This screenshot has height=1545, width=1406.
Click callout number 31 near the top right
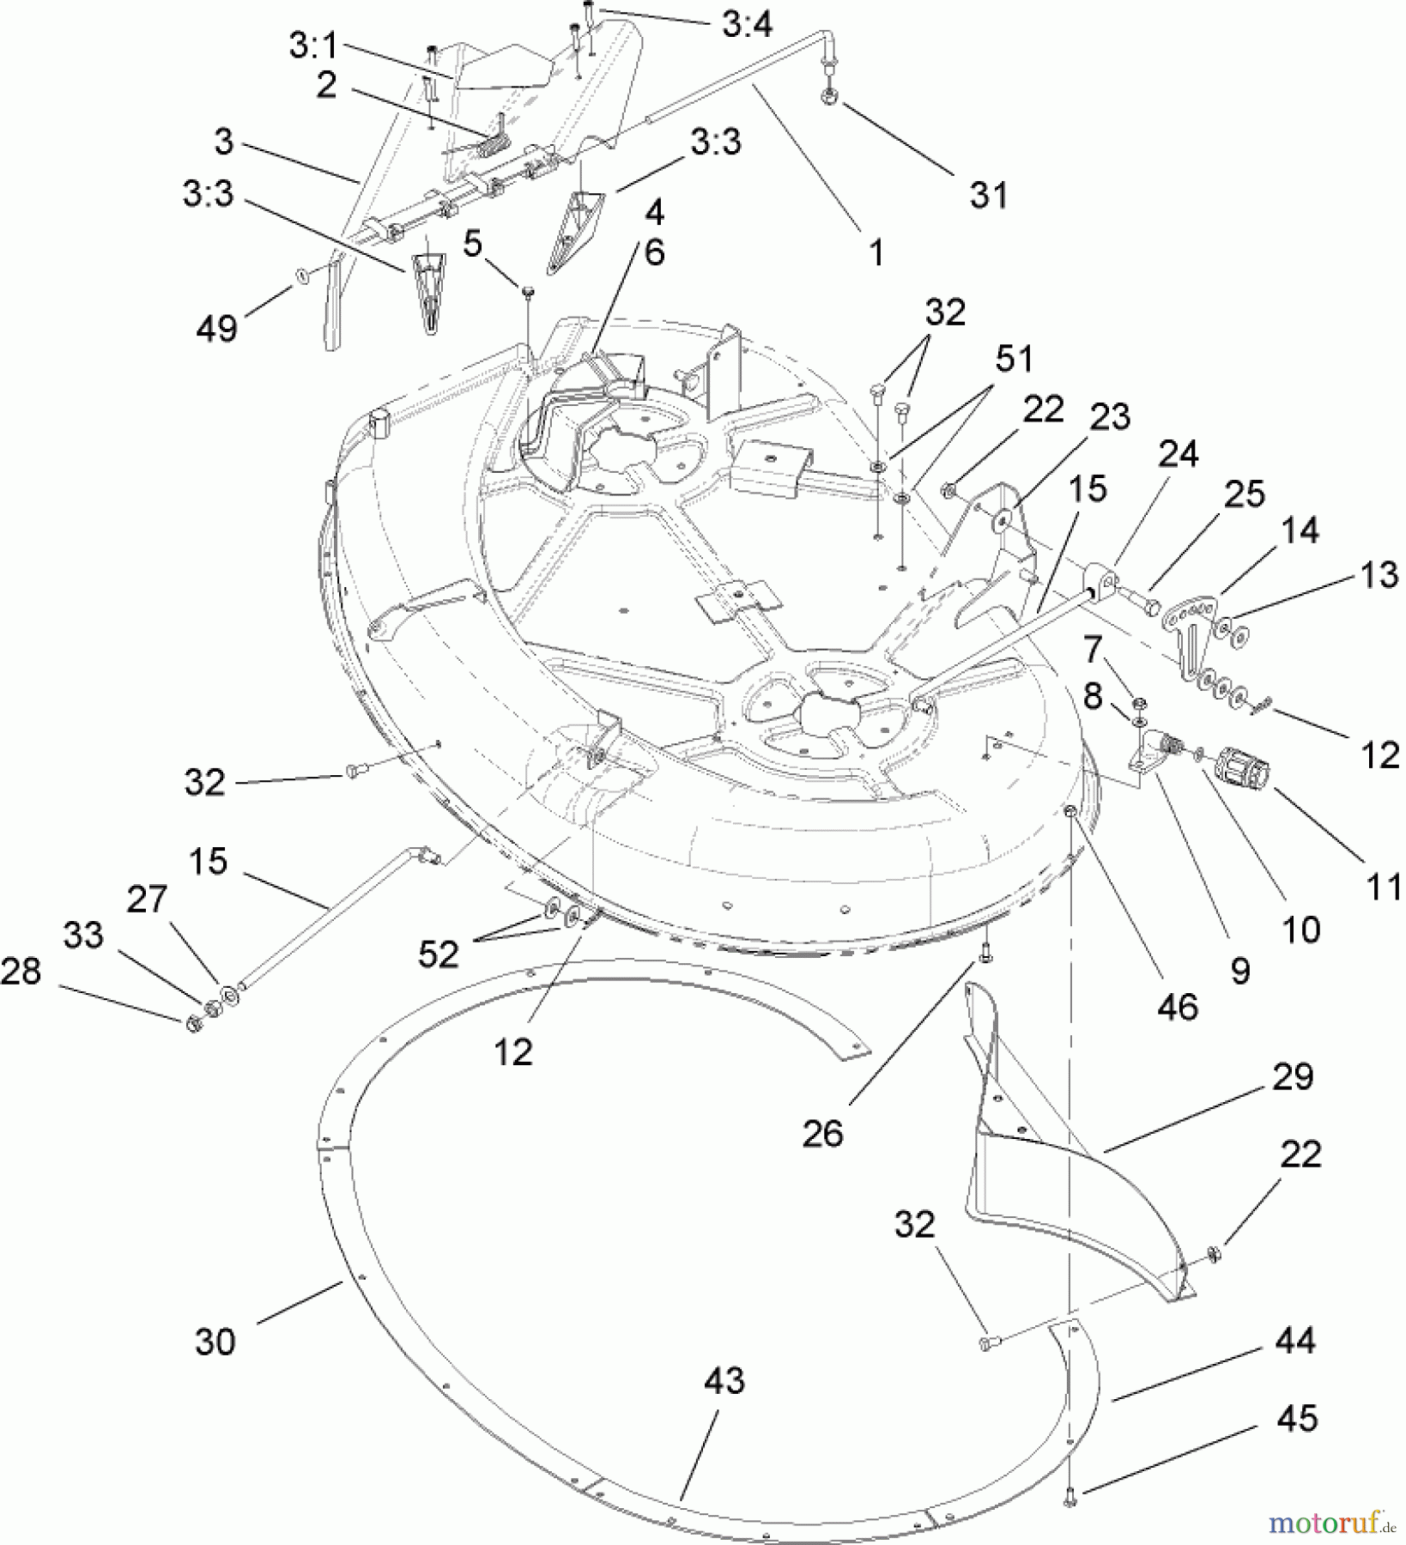[x=989, y=195]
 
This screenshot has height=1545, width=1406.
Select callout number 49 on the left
[x=216, y=328]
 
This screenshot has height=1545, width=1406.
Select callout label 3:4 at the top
[x=746, y=26]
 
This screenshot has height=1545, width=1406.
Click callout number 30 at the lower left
[x=215, y=1341]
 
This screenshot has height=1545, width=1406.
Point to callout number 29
[x=1292, y=1075]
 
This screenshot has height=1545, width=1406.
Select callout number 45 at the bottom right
[x=1296, y=1419]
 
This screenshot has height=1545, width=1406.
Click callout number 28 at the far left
[x=21, y=972]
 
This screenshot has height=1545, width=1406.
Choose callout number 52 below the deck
[x=438, y=954]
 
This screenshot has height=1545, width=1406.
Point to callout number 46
[x=1177, y=1007]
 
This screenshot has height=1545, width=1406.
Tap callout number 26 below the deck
[x=822, y=1134]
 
